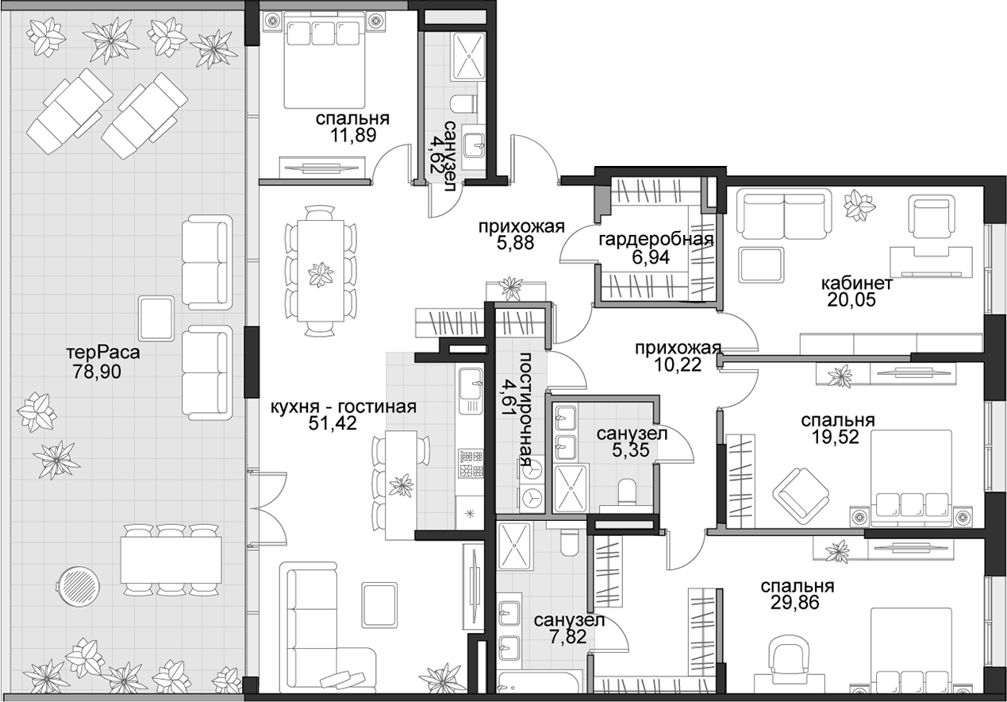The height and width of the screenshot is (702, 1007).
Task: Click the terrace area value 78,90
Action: coord(96,372)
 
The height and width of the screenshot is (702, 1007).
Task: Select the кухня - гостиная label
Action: coord(344,407)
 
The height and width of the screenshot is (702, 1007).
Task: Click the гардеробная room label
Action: coord(656,239)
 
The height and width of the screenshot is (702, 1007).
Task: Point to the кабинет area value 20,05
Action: coord(851,299)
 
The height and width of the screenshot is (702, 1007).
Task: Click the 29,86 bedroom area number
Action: coord(794,603)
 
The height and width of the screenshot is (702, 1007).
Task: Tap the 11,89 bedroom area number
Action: coord(352,134)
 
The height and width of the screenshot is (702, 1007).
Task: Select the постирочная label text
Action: coord(525,410)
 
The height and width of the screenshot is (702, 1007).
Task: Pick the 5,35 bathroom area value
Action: coord(631,449)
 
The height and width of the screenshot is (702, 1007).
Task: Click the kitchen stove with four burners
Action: coord(471,464)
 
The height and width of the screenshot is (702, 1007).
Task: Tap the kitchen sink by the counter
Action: coord(471,391)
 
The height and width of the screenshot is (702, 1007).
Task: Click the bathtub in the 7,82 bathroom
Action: coord(540,688)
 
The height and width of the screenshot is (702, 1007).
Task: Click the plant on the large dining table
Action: coord(321,274)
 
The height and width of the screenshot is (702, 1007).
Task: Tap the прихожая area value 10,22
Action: coord(678,364)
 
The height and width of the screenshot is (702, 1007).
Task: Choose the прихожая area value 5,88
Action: coord(515,242)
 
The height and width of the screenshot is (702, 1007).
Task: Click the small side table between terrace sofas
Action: coord(156,318)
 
